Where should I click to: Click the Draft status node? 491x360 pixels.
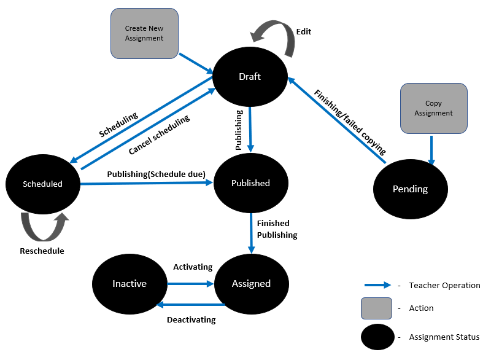pyautogui.click(x=250, y=77)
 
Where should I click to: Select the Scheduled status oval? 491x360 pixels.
pyautogui.click(x=42, y=184)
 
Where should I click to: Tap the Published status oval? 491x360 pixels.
pyautogui.click(x=250, y=183)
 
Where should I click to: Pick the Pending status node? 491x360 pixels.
pyautogui.click(x=410, y=189)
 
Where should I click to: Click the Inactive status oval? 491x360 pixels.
pyautogui.click(x=130, y=283)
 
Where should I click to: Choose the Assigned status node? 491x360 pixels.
pyautogui.click(x=251, y=283)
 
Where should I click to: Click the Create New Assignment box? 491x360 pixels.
pyautogui.click(x=144, y=33)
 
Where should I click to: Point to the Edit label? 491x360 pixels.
pyautogui.click(x=303, y=31)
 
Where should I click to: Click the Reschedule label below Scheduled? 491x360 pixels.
pyautogui.click(x=42, y=251)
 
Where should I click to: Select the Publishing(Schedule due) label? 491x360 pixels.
pyautogui.click(x=156, y=174)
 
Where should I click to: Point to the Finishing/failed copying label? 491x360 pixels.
pyautogui.click(x=350, y=122)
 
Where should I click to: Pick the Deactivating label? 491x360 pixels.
pyautogui.click(x=191, y=319)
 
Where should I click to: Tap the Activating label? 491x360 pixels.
pyautogui.click(x=193, y=267)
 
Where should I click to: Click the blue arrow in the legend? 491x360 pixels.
pyautogui.click(x=377, y=285)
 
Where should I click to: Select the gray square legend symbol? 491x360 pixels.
pyautogui.click(x=377, y=308)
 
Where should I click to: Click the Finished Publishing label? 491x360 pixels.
pyautogui.click(x=277, y=229)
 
